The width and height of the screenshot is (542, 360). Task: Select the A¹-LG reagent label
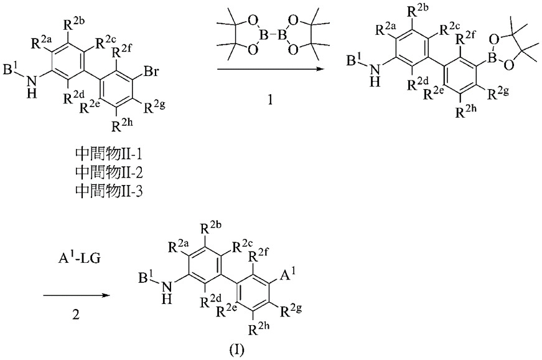pyautogui.click(x=79, y=257)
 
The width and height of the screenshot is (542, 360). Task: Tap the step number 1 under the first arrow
pyautogui.click(x=271, y=100)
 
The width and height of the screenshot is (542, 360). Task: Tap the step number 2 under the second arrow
pyautogui.click(x=76, y=315)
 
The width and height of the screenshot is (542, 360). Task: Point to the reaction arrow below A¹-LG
pyautogui.click(x=77, y=296)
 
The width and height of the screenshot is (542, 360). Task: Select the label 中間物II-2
pyautogui.click(x=109, y=173)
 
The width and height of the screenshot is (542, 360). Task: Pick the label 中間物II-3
pyautogui.click(x=109, y=191)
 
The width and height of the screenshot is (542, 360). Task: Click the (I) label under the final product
pyautogui.click(x=237, y=350)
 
